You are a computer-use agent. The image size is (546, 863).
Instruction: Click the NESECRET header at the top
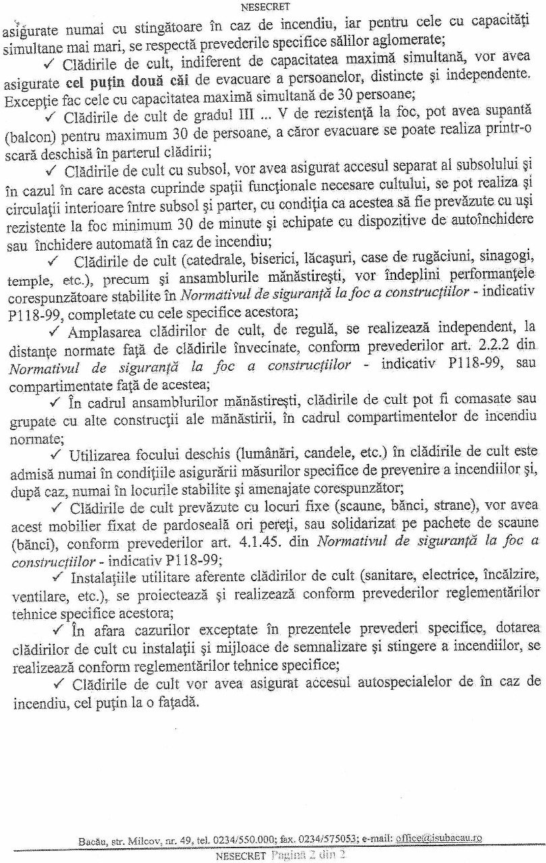(265, 7)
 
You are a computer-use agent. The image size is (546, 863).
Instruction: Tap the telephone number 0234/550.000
(244, 841)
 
